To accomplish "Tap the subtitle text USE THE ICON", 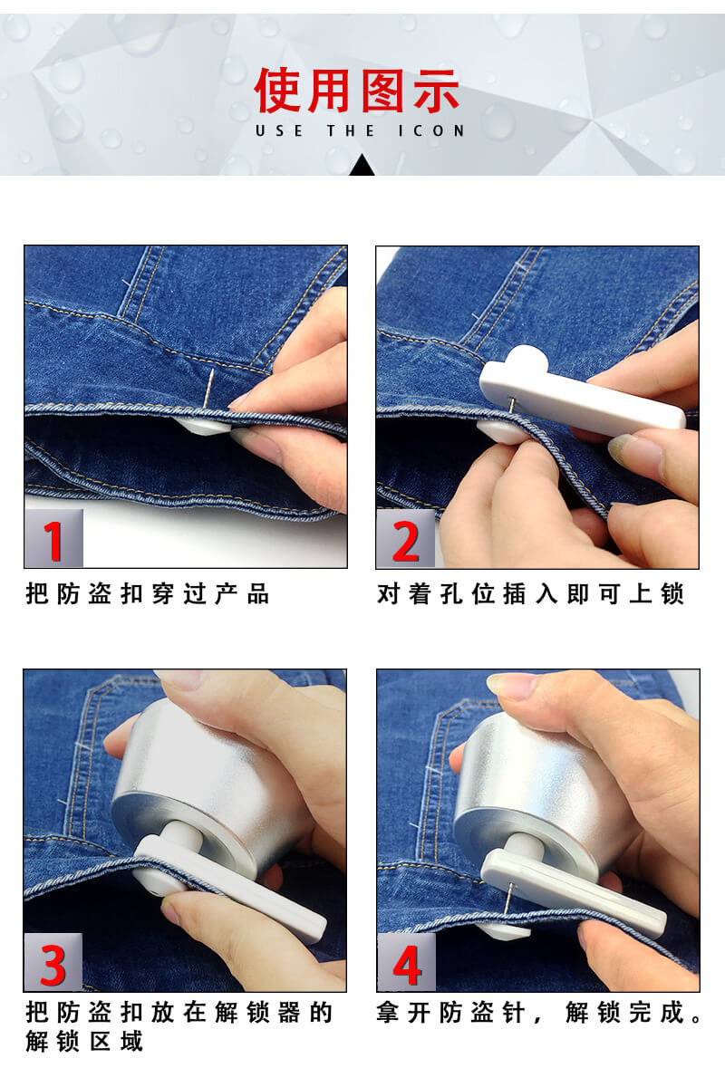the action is (x=360, y=130).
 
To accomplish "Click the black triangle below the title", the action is (x=362, y=166).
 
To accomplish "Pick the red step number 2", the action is (x=406, y=542).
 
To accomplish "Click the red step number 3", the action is (x=53, y=965).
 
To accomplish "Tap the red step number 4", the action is (x=407, y=965).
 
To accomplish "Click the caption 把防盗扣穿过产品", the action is (x=148, y=594).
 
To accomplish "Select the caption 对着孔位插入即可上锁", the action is (x=530, y=594).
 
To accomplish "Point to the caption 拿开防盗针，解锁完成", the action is (x=539, y=1013).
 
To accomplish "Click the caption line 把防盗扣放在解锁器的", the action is (x=179, y=1013).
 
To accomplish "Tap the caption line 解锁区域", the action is (x=84, y=1042).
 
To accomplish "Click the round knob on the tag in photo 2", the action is (x=526, y=358).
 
